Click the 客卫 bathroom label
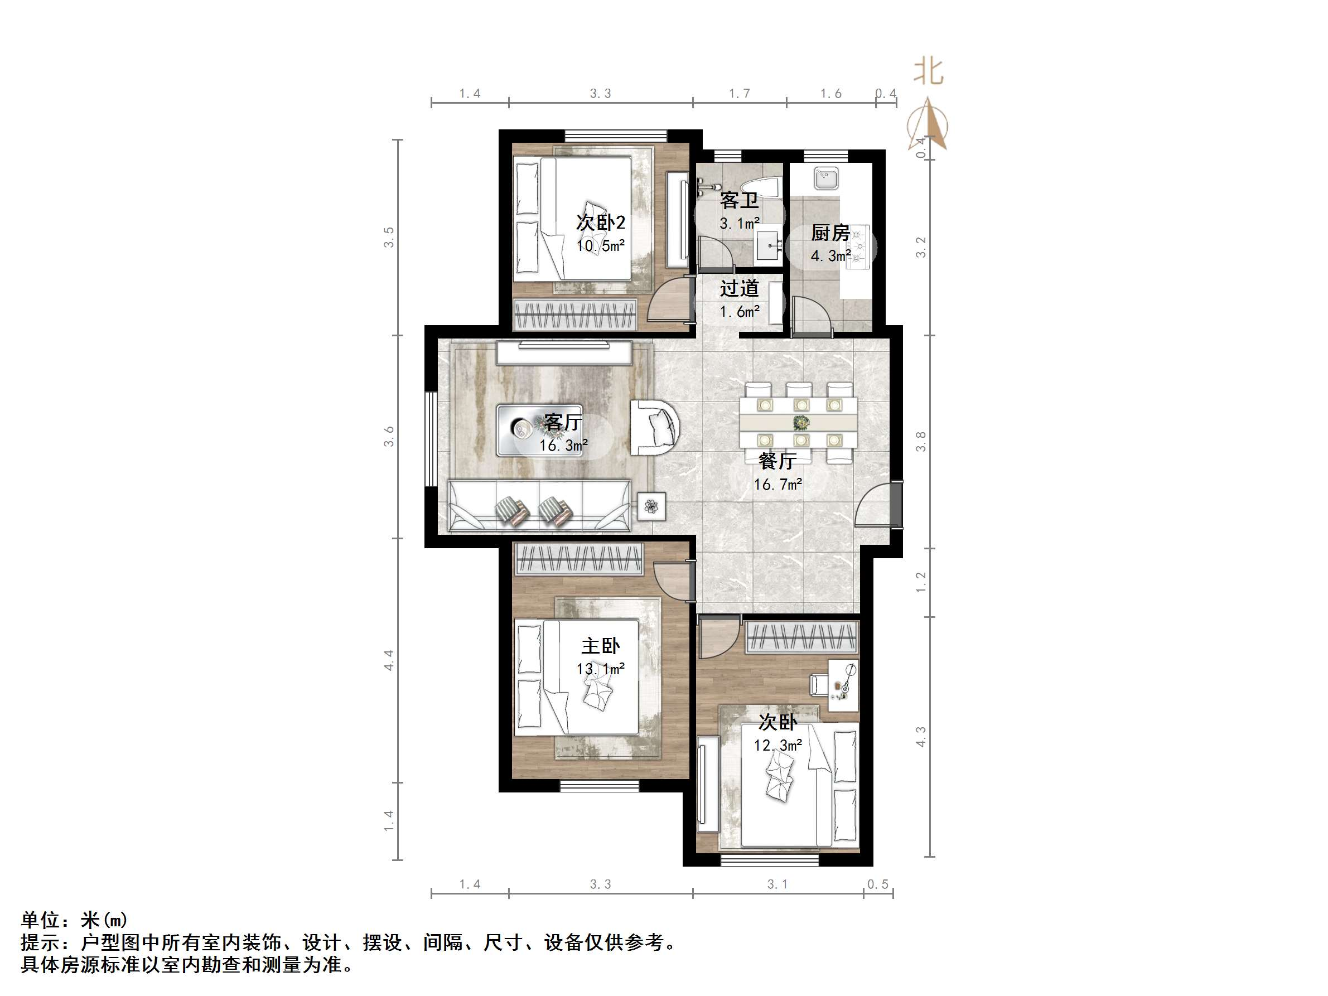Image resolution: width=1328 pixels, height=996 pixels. tap(739, 200)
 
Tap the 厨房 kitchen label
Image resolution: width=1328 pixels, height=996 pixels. tap(830, 233)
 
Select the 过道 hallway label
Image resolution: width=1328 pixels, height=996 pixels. tap(739, 289)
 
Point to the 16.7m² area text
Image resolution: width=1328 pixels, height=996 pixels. tap(778, 484)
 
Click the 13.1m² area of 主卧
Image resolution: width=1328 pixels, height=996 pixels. tap(600, 668)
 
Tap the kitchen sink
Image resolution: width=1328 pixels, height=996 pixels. tap(827, 179)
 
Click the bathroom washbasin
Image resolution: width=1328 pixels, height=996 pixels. tap(768, 245)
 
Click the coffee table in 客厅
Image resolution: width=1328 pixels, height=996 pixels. tap(539, 430)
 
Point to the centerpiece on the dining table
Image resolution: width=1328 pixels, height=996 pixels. tap(800, 423)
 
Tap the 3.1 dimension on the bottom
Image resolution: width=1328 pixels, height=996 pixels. tap(777, 884)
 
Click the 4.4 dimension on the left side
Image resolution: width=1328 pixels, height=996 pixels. tap(389, 660)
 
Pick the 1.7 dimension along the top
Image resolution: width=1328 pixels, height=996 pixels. tap(739, 94)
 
